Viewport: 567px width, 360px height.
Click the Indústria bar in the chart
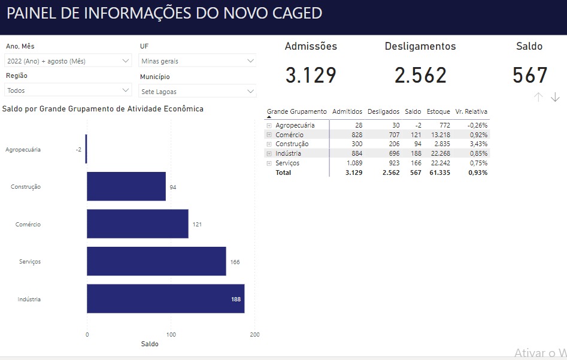(165, 299)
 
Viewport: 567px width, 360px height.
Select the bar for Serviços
(156, 261)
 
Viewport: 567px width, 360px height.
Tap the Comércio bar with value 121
(138, 224)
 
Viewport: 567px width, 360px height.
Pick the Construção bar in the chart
(126, 186)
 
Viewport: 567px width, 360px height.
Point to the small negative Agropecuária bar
(86, 149)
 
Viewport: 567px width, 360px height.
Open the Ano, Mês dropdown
(68, 60)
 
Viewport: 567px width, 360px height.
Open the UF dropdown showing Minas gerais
(198, 60)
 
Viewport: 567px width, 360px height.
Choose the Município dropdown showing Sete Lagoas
(198, 92)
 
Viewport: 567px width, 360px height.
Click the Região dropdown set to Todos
(68, 90)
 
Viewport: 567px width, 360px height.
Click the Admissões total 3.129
(311, 75)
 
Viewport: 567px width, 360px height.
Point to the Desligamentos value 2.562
(420, 75)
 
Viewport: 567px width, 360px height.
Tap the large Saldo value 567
(530, 75)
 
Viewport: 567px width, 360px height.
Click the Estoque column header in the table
(438, 111)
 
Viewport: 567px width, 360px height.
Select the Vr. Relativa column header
(471, 111)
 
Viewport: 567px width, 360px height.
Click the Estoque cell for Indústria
(439, 153)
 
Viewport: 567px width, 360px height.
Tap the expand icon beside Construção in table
(269, 144)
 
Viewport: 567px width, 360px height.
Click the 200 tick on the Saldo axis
(255, 334)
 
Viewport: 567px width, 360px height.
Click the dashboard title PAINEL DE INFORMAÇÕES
(164, 13)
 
